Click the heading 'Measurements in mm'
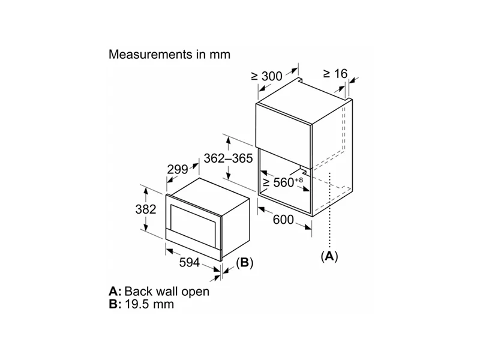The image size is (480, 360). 169,55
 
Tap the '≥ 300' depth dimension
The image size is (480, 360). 266,76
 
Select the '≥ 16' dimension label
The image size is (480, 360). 335,74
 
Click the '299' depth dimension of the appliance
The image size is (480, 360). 178,170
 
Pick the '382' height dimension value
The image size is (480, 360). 146,209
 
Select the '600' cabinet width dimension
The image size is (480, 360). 283,220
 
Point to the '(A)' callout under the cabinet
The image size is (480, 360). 329,256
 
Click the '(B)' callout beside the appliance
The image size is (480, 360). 245,262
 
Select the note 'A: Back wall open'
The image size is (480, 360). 159,292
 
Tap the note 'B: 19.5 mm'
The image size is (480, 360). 142,304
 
